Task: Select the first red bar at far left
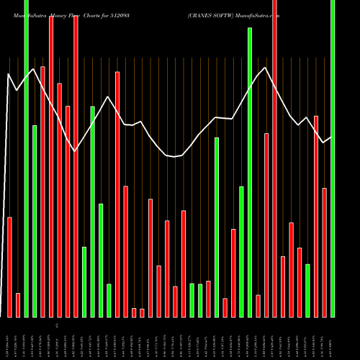9,266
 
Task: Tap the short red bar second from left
18,305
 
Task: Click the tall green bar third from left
26,158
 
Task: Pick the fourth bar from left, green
35,221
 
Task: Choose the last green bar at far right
333,158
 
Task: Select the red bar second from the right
324,252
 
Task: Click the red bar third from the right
316,216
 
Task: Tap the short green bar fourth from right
307,290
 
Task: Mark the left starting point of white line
8,74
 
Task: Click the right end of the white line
331,137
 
